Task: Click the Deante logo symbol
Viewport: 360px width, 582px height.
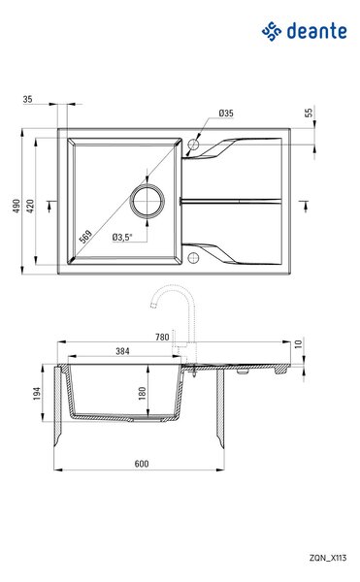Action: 272,31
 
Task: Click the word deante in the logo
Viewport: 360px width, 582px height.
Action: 317,31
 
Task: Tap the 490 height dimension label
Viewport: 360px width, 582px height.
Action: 16,206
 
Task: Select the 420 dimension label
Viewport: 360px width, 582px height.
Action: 30,206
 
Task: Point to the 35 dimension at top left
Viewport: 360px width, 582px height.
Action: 28,99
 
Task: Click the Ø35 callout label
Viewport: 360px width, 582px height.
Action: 226,113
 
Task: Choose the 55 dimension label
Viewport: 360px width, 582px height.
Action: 309,113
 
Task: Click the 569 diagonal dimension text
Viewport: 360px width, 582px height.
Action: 85,237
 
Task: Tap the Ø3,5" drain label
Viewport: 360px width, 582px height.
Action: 122,237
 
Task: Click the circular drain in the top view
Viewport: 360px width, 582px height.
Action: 147,201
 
